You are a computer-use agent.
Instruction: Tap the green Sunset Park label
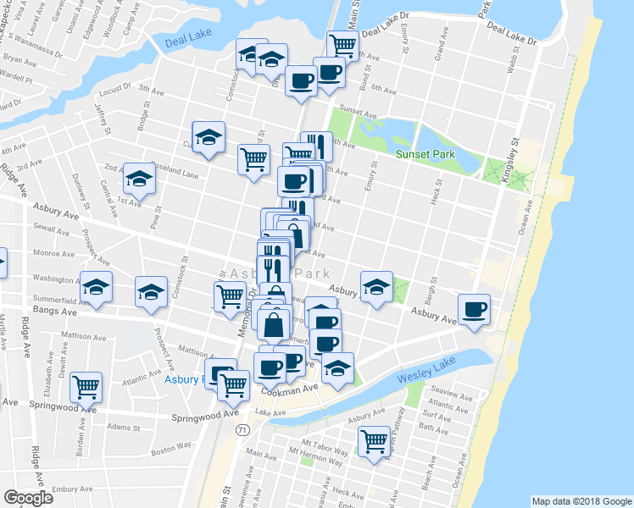click(x=425, y=154)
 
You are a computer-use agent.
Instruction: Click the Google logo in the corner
click(x=28, y=497)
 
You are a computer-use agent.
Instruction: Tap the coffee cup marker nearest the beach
click(x=475, y=309)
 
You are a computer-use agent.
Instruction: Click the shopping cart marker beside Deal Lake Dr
click(x=342, y=45)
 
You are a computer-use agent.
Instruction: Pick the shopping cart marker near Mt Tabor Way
click(x=373, y=440)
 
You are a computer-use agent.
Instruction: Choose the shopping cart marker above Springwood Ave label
click(x=86, y=387)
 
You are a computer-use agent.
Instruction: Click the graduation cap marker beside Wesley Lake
click(x=337, y=367)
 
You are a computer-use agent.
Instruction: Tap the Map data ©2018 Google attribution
click(x=581, y=500)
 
